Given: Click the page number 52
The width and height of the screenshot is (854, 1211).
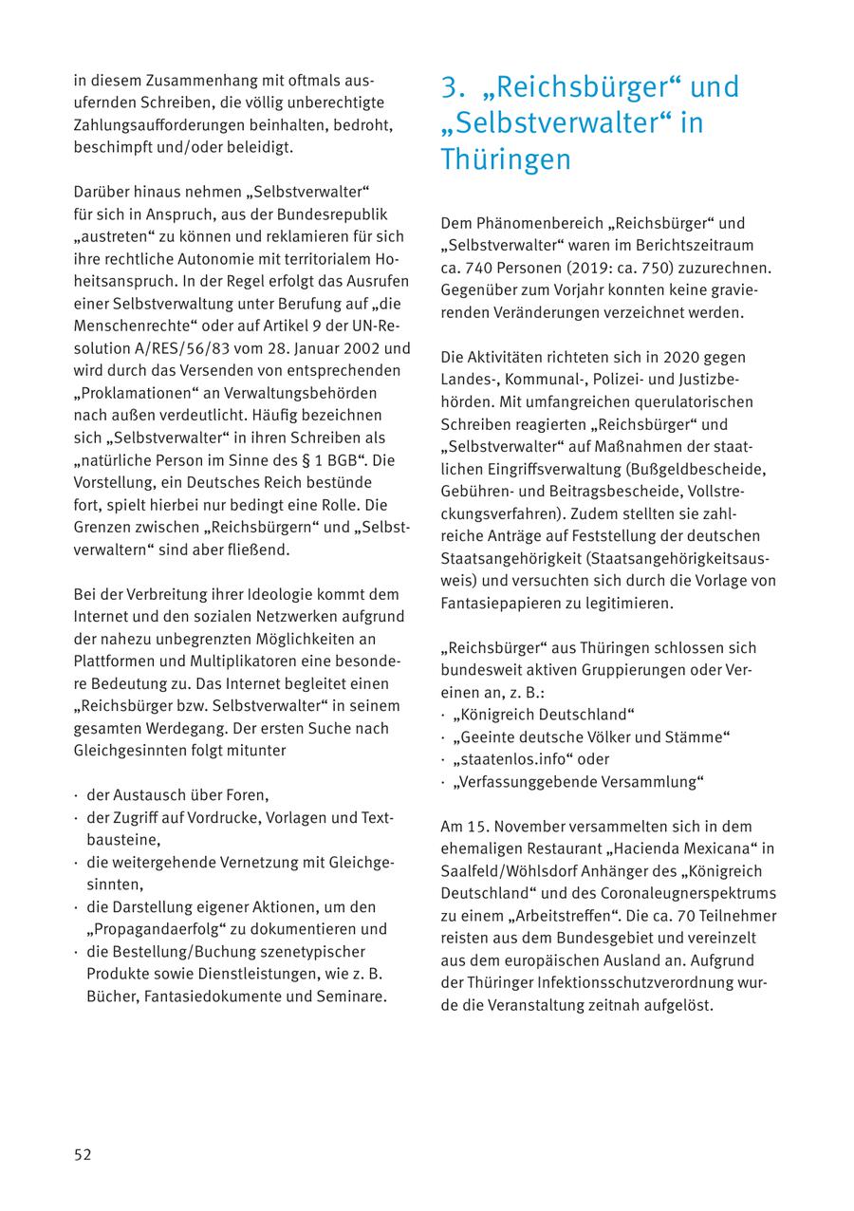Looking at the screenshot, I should tap(83, 1154).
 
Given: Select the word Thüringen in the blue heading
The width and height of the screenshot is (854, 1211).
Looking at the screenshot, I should tap(506, 159).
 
